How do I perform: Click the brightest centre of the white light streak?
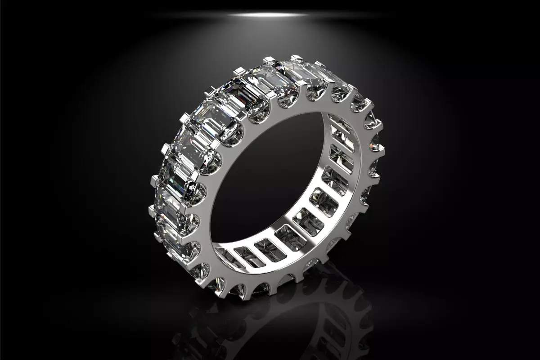pyautogui.click(x=270, y=15)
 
